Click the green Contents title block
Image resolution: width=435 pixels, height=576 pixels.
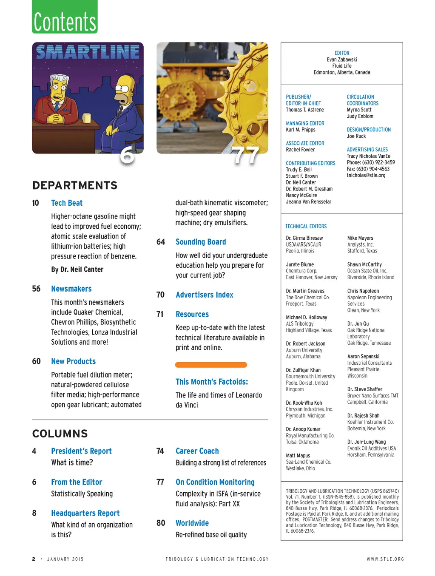pos(65,17)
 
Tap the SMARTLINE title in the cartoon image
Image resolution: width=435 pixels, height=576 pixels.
pos(88,52)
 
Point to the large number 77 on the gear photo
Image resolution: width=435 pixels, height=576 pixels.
pos(245,156)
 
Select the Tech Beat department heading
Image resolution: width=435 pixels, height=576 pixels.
pos(67,203)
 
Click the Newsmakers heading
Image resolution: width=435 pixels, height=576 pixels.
pos(71,289)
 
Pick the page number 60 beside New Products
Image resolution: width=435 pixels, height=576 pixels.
pos(36,361)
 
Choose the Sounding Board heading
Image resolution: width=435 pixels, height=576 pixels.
pos(201,242)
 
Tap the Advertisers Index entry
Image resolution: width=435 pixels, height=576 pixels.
pos(205,295)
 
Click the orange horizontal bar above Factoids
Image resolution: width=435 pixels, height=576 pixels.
pos(211,365)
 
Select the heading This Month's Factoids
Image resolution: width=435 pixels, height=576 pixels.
pos(212,382)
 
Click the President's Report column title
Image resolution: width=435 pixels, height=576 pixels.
pos(81,451)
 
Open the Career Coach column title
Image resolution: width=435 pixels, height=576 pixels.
pos(197,451)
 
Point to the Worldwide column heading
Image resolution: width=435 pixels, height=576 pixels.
pos(192,523)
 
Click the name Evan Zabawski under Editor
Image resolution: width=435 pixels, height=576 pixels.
pos(342,60)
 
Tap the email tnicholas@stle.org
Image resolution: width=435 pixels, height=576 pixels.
pos(366,175)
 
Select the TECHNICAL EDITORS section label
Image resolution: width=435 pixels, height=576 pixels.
pos(306,227)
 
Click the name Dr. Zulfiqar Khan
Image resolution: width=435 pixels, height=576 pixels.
pos(303,370)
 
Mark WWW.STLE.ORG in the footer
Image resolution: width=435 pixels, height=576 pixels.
pos(385,559)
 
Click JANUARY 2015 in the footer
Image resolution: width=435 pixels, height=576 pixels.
pos(65,559)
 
